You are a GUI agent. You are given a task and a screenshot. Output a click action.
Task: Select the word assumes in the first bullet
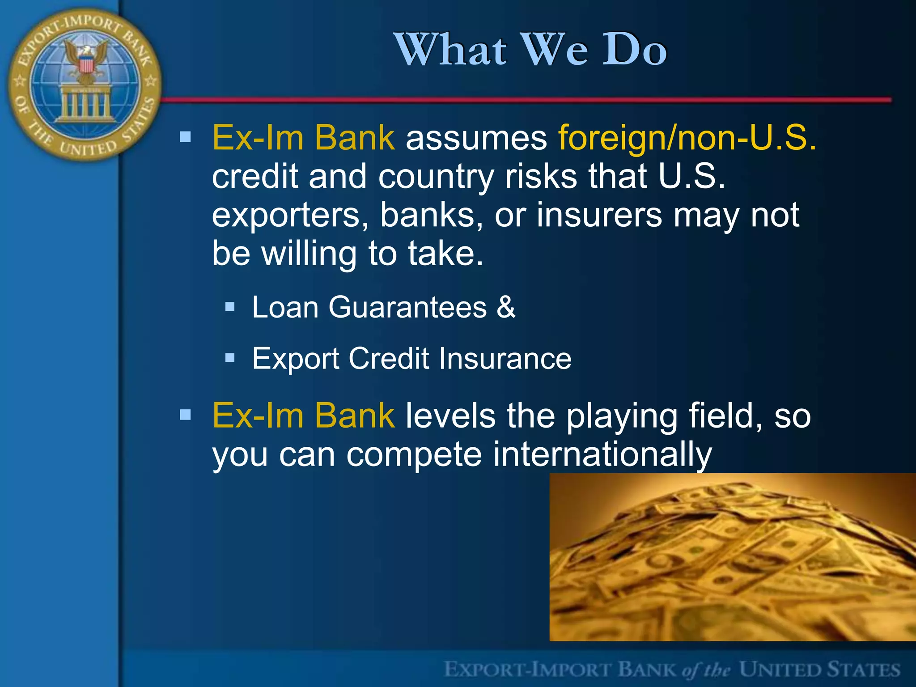[476, 138]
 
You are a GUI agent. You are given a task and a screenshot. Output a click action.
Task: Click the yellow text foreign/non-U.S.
[687, 138]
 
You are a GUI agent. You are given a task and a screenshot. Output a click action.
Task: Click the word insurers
[599, 215]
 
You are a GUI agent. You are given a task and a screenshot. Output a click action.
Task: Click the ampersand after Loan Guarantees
[506, 307]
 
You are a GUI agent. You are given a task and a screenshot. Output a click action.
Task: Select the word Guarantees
[407, 307]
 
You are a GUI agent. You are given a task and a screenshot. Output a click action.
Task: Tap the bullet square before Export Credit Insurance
[230, 358]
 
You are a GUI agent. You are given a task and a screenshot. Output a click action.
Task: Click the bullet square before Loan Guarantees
[230, 307]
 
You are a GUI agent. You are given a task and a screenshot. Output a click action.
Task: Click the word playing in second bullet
[622, 416]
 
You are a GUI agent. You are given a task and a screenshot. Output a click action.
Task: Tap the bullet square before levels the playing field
[185, 415]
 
